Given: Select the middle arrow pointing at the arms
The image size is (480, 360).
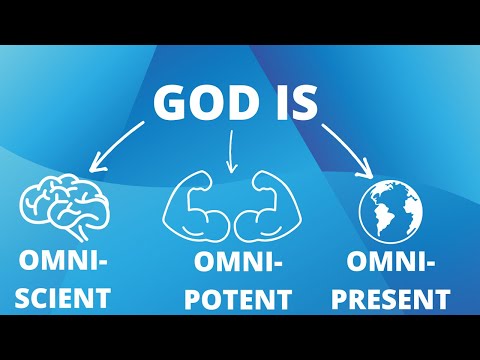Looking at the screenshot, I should (231, 151).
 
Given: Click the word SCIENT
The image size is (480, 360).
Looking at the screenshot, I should (62, 296).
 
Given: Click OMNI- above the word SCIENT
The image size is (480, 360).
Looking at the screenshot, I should (62, 262).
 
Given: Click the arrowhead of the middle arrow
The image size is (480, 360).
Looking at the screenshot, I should (232, 166).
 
